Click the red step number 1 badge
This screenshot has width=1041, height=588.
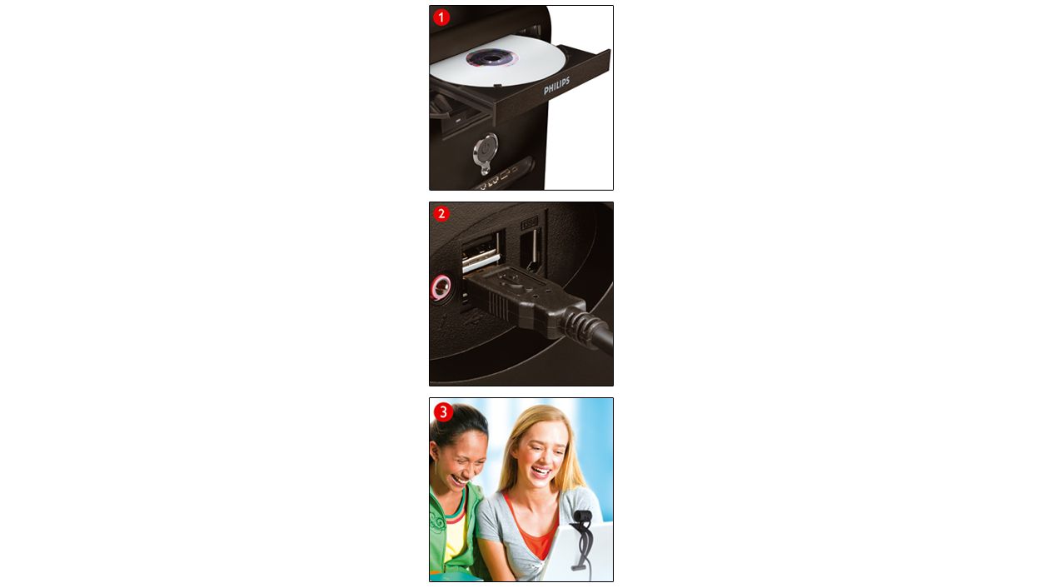click(x=441, y=17)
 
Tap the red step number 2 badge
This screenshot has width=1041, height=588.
click(x=441, y=214)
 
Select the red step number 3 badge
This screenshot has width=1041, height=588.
click(x=443, y=411)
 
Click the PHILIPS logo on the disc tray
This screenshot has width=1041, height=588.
click(x=556, y=86)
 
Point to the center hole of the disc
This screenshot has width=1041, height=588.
click(x=492, y=58)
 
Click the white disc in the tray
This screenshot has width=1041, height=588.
click(x=498, y=62)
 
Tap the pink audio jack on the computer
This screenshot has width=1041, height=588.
click(x=440, y=287)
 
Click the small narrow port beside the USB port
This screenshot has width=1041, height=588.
click(x=531, y=250)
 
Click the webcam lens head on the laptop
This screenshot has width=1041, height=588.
click(x=583, y=516)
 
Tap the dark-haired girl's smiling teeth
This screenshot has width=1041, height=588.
click(x=460, y=479)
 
